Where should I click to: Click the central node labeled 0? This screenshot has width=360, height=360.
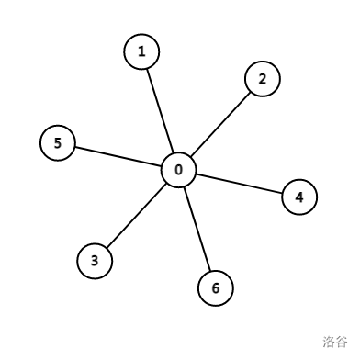178,170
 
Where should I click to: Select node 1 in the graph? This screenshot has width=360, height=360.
141,52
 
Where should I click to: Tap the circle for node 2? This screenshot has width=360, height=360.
262,79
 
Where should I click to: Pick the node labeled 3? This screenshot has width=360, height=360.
95,261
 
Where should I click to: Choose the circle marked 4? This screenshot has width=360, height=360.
298,197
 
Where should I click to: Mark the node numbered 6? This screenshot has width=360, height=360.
216,288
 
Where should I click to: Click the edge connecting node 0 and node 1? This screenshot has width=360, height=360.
160,110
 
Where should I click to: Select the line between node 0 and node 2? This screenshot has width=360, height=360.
220,124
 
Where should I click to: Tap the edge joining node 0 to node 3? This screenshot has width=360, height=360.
136,216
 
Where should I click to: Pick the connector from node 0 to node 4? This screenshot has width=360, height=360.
239,184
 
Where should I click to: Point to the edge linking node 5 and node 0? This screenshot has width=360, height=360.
118,156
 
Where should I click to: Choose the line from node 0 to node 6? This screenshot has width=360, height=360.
197,230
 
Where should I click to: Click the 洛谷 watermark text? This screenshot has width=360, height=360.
335,342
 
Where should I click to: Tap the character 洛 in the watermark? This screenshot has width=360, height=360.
329,342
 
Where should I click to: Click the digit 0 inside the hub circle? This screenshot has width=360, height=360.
178,170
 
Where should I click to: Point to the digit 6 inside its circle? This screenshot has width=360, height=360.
216,288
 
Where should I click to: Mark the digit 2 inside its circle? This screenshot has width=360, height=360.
262,79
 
